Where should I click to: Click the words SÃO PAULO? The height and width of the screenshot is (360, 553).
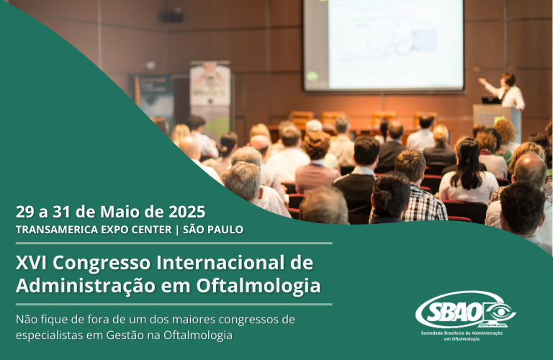tap(213, 230)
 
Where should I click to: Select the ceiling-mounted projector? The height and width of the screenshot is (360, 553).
tap(171, 15)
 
